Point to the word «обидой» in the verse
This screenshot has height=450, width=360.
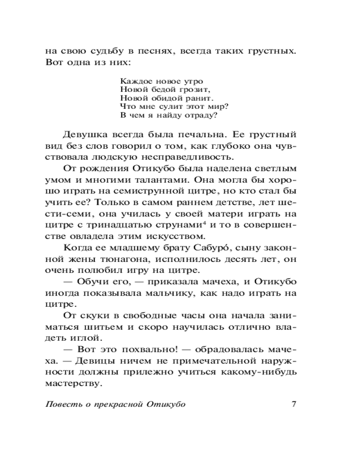[x=158, y=98]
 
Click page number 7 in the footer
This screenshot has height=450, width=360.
[x=293, y=403]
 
